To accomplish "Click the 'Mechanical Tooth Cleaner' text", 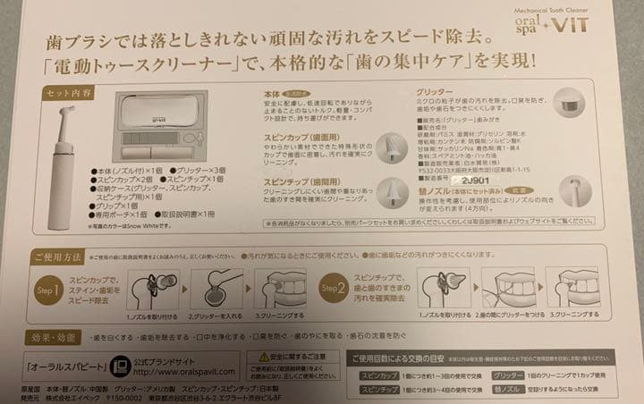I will (x=564, y=9).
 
